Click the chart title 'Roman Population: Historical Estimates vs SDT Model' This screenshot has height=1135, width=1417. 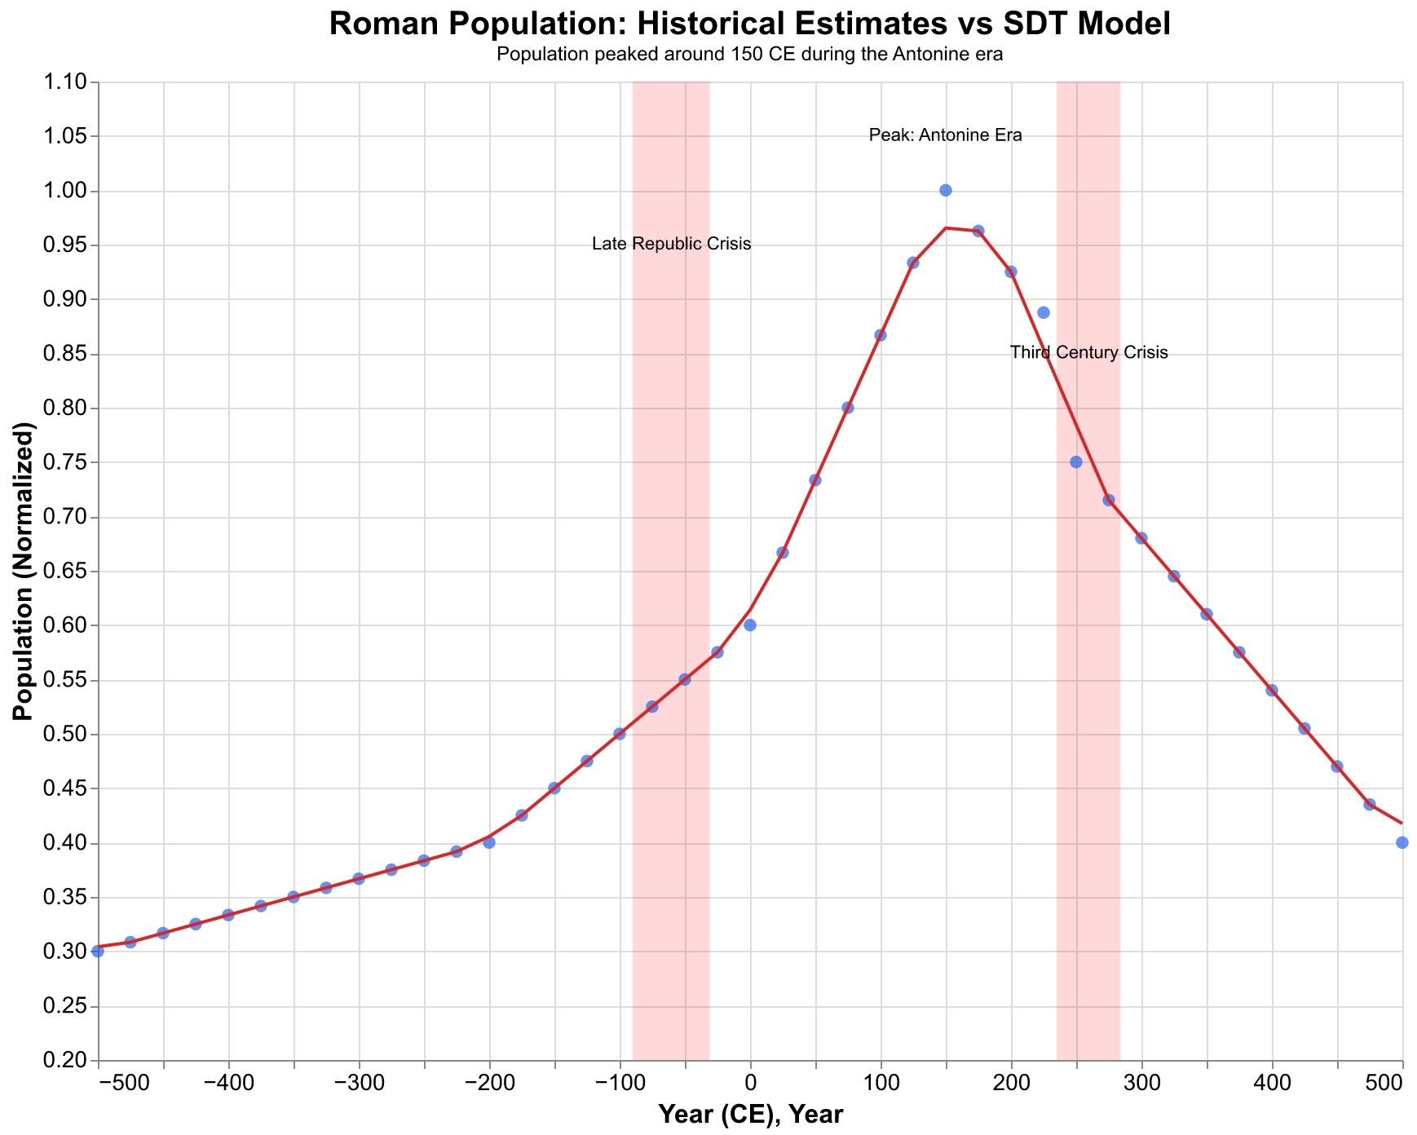(x=749, y=24)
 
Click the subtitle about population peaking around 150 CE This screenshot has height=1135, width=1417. (x=749, y=55)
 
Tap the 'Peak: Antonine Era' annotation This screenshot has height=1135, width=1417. (x=945, y=135)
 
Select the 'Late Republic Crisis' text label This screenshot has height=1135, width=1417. (x=671, y=244)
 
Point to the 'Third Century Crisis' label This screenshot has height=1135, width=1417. (x=1088, y=353)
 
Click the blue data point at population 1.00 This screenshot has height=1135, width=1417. (x=946, y=190)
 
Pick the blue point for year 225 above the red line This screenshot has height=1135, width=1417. (x=1043, y=312)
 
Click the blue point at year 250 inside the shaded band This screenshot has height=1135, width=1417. (x=1075, y=462)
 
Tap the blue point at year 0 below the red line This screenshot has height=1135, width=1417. (x=750, y=625)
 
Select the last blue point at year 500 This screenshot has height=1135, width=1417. (x=1402, y=842)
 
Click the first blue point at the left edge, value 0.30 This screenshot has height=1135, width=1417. (x=98, y=951)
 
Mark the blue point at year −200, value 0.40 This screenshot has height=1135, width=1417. (x=489, y=842)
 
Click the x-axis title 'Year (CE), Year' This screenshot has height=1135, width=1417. (x=749, y=1115)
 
